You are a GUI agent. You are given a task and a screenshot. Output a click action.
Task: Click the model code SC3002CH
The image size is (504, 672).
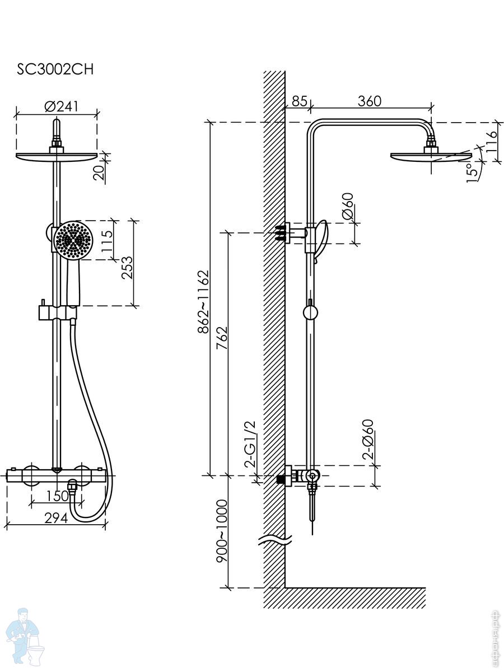pos(55,69)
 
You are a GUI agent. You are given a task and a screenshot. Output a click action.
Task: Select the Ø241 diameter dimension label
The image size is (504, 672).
pos(61,106)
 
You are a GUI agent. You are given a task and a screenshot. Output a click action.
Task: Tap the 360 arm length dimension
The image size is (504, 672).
pos(370,101)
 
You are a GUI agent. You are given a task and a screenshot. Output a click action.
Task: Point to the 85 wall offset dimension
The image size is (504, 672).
pos(299,101)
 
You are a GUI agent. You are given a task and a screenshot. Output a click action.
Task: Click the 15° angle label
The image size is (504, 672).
pos(473,172)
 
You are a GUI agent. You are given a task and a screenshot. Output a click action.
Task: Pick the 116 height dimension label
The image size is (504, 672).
pos(492,142)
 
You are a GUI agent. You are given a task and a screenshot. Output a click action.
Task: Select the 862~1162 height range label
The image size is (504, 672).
pos(203,301)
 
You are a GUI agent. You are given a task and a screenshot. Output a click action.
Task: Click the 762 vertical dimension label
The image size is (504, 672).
pos(222,338)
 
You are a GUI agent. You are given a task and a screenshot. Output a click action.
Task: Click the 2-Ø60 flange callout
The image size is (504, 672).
pos(368,440)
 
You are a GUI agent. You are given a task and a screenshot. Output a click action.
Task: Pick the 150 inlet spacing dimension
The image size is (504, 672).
pos(57,496)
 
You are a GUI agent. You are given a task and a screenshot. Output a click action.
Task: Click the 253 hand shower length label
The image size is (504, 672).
pos(127,268)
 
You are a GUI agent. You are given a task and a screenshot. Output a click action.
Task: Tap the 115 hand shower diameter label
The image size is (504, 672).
pos(107,241)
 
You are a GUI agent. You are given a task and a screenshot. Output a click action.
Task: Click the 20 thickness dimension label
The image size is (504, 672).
pos(99,173)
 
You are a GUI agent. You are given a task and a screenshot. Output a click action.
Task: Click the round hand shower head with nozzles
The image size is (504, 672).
pos(73,240)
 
